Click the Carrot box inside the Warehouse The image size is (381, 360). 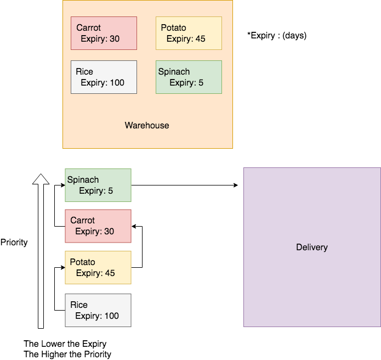[x=104, y=33]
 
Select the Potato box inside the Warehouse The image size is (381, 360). [x=189, y=33]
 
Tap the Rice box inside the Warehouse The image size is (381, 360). [x=104, y=77]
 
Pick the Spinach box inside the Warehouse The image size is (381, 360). [x=189, y=77]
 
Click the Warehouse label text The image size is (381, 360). [x=147, y=125]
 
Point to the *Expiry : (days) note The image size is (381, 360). [x=277, y=36]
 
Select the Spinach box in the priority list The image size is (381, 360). [x=98, y=185]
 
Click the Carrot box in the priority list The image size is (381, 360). [x=98, y=226]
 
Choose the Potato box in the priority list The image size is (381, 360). [x=98, y=267]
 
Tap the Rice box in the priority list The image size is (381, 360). [x=98, y=310]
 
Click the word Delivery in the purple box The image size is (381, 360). [x=311, y=248]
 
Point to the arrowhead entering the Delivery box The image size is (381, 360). [x=236, y=185]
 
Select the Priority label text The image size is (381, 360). [x=14, y=242]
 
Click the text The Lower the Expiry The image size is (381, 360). [x=65, y=344]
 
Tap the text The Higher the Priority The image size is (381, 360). [x=67, y=355]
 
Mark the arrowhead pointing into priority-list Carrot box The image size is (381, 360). [x=134, y=226]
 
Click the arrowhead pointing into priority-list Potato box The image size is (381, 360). [x=62, y=267]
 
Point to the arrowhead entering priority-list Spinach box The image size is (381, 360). [x=62, y=185]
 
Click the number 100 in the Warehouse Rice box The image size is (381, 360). [x=116, y=83]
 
